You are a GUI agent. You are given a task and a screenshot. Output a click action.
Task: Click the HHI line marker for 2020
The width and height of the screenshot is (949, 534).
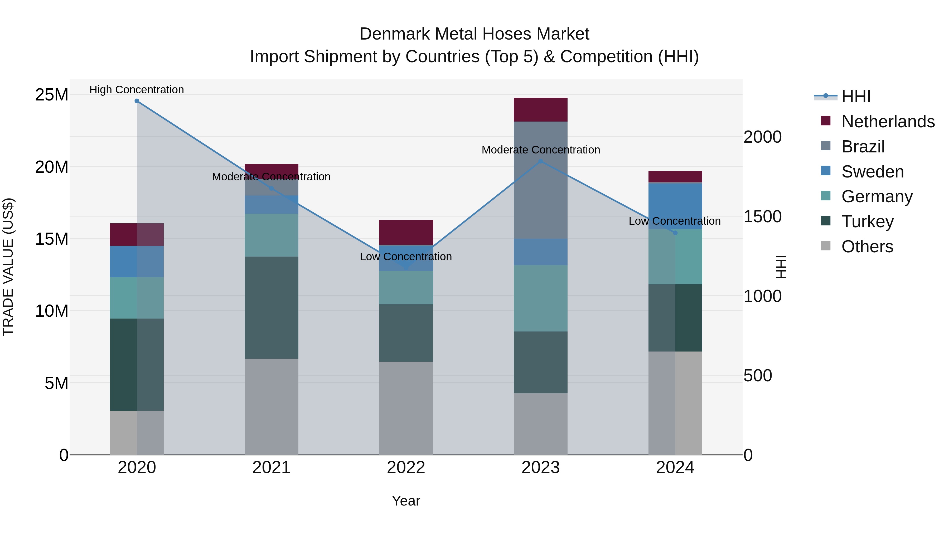click(137, 101)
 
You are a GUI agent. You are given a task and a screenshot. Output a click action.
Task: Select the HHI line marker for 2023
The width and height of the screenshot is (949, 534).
click(540, 161)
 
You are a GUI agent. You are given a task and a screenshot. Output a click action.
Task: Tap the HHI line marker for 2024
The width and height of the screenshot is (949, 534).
click(675, 233)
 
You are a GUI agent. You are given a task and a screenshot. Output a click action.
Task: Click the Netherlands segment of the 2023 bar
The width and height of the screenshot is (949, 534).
click(540, 110)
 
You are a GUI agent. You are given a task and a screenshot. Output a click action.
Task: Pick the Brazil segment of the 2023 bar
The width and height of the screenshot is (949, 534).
click(540, 180)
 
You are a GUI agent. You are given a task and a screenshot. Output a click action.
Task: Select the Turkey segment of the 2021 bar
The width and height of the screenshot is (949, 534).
click(271, 307)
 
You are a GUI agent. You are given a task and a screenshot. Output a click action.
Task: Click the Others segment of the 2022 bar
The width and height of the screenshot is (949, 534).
click(406, 408)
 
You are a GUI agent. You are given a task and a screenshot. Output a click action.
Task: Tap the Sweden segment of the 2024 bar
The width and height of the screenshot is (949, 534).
click(675, 206)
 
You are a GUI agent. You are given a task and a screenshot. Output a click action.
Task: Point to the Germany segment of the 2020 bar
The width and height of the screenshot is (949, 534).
click(137, 298)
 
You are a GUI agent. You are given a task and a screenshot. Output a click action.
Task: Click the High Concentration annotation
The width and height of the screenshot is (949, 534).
click(137, 90)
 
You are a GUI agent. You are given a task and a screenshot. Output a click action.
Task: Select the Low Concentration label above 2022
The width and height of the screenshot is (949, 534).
click(406, 257)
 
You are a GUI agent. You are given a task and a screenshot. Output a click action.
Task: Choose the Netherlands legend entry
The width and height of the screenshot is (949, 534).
click(888, 122)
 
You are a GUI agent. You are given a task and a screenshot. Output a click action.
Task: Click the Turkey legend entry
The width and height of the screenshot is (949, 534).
click(867, 222)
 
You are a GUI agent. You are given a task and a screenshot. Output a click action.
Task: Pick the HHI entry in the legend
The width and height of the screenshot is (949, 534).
click(856, 97)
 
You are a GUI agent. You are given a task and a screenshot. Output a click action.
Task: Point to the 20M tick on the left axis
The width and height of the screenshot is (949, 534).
click(52, 167)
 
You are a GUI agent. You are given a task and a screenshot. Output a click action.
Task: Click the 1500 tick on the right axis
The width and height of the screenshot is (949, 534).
click(762, 217)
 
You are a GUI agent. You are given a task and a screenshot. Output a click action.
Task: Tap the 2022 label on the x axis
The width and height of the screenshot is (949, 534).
click(406, 468)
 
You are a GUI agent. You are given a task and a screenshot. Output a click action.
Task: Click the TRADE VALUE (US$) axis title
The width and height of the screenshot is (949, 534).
click(8, 267)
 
